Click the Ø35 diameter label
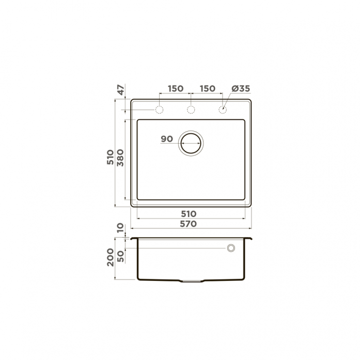tap(241, 88)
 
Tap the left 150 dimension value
tap(176, 88)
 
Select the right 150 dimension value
tap(208, 88)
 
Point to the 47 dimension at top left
tap(121, 90)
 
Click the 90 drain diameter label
tap(167, 139)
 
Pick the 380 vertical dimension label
tap(120, 158)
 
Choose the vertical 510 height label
tap(111, 157)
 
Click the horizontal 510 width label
tap(189, 214)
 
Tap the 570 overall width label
tap(189, 224)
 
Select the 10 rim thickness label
tap(120, 228)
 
